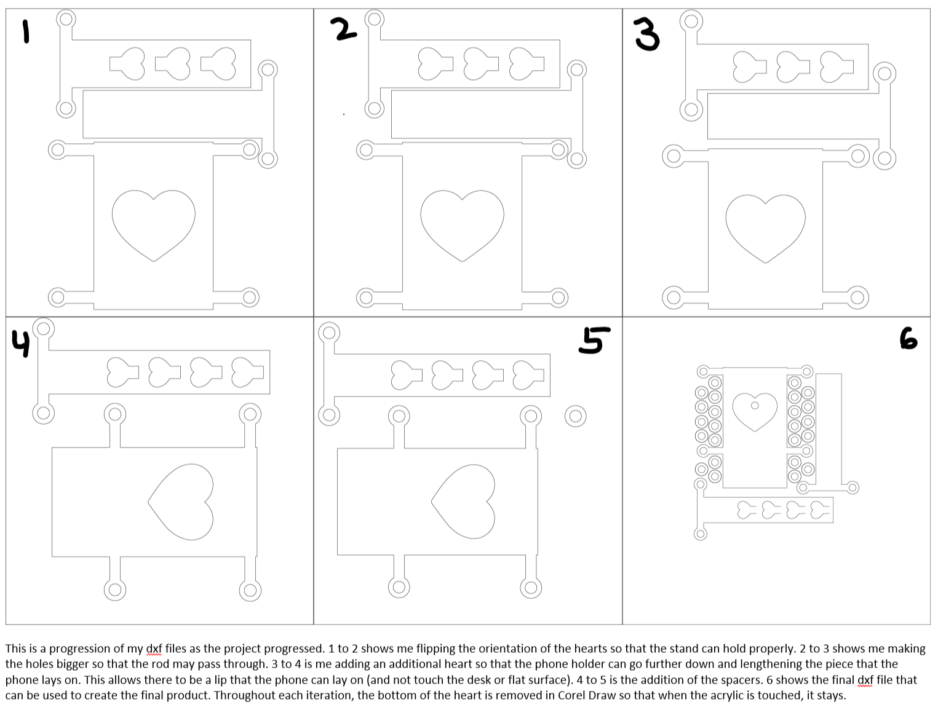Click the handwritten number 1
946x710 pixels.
pyautogui.click(x=26, y=31)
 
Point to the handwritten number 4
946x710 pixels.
pyautogui.click(x=20, y=344)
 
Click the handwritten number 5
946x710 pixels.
pyautogui.click(x=594, y=341)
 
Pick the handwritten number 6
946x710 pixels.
pyautogui.click(x=908, y=339)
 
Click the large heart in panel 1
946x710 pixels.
pyautogui.click(x=153, y=223)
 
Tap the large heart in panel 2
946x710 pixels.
pyautogui.click(x=462, y=223)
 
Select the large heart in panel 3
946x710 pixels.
pyautogui.click(x=766, y=226)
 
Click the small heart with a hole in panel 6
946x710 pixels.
pyautogui.click(x=755, y=410)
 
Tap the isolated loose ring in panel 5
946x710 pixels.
pyautogui.click(x=575, y=416)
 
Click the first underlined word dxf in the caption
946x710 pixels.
pyautogui.click(x=154, y=649)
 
